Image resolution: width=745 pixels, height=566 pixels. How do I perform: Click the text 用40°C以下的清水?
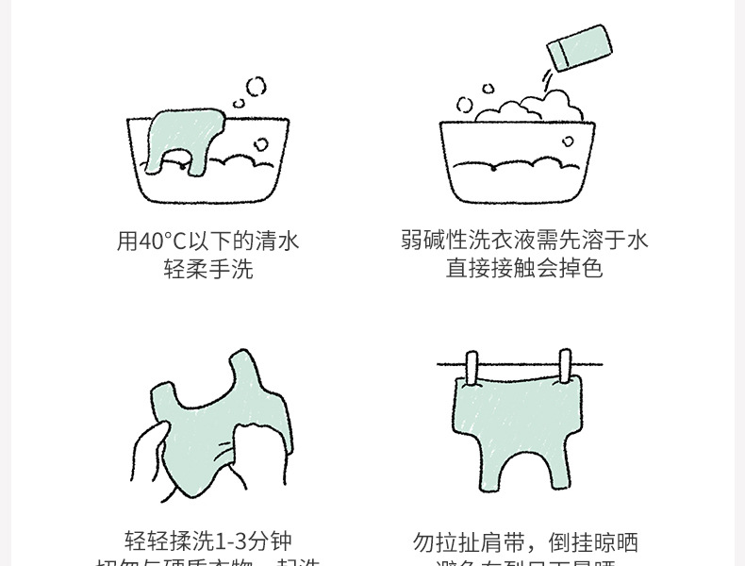207,241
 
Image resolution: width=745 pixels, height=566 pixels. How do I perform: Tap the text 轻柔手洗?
207,270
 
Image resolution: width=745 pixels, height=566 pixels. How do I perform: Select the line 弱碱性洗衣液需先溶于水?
524,241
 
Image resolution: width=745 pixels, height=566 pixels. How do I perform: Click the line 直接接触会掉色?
524,269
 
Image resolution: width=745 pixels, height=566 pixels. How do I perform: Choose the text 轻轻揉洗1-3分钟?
208,541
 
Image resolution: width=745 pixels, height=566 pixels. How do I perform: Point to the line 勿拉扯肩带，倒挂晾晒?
525,542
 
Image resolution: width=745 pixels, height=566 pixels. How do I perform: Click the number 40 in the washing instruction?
149,241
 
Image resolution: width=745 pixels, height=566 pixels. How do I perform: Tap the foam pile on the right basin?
523,107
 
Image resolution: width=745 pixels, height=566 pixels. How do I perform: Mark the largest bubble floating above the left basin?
256,87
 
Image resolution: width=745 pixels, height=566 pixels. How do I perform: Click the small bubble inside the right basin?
568,141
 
